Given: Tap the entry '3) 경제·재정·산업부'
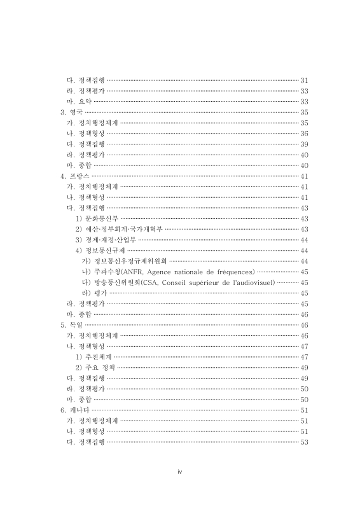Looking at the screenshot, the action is pyautogui.click(x=106, y=240).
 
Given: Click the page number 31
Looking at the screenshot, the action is pyautogui.click(x=304, y=80).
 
